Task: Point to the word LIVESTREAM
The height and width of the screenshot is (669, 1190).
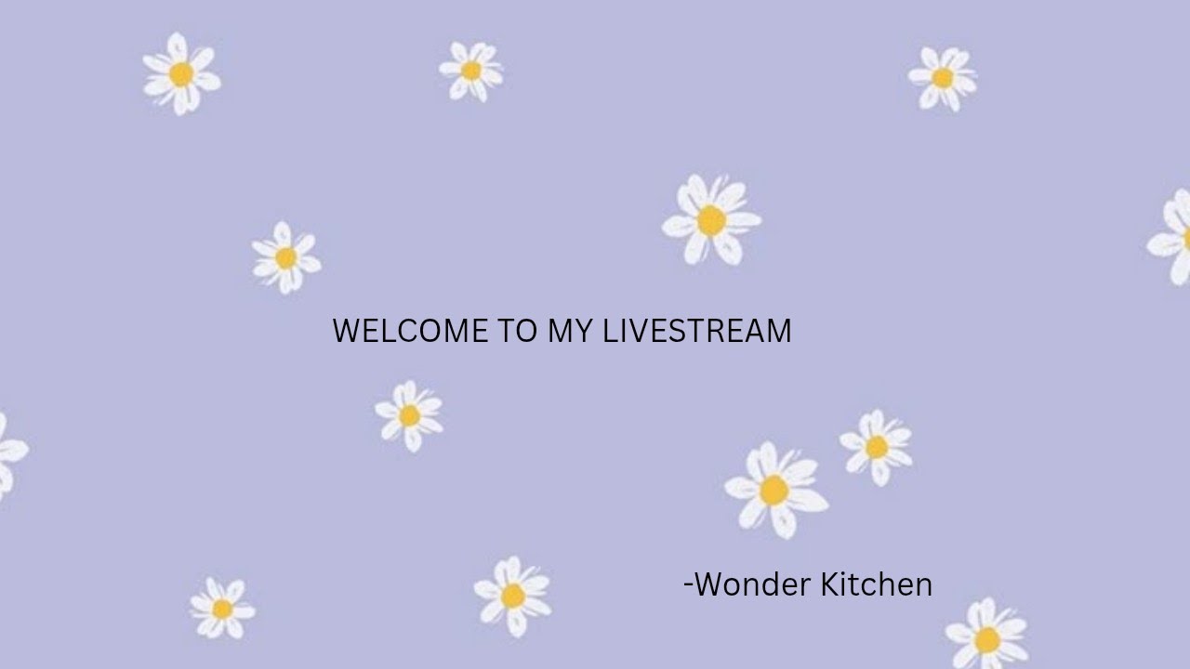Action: coord(697,331)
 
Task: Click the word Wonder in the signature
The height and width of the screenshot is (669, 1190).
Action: coord(753,584)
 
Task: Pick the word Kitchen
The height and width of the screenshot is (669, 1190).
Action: coord(877,584)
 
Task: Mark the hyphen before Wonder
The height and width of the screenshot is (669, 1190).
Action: coord(688,585)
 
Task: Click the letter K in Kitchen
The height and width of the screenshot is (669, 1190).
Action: coord(829,584)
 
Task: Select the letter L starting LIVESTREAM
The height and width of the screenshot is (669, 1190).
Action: coord(611,331)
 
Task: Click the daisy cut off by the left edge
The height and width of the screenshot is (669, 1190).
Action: coord(9,455)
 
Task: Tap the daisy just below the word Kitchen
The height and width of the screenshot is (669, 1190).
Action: coord(986,637)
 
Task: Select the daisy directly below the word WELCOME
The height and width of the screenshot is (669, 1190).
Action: coord(409,415)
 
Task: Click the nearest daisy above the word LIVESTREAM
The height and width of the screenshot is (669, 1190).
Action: coord(711,220)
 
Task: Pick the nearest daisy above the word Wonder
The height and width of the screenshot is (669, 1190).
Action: coord(774,489)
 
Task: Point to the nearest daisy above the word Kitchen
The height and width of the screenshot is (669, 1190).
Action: coord(876,447)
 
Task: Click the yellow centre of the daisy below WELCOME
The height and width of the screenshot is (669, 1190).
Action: coord(409,415)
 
